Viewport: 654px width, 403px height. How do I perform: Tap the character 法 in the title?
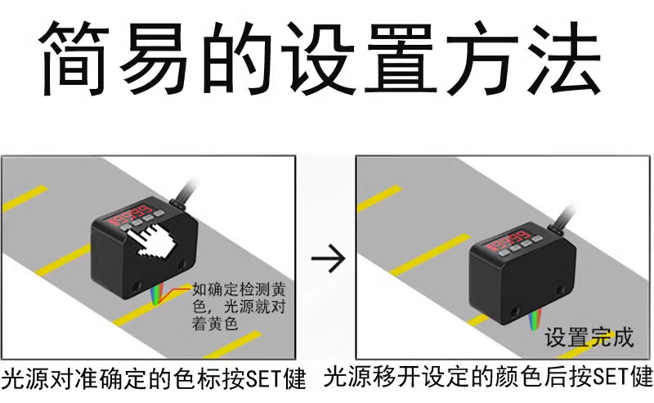pyautogui.click(x=564, y=57)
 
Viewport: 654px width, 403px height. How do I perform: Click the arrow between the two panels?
pyautogui.click(x=329, y=258)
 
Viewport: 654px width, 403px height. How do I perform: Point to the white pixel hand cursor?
pyautogui.click(x=153, y=240)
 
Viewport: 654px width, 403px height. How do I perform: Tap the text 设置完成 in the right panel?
pyautogui.click(x=589, y=338)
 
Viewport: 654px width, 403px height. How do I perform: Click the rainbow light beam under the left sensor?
pyautogui.click(x=155, y=294)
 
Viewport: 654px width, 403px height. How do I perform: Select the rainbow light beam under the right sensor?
pyautogui.click(x=534, y=319)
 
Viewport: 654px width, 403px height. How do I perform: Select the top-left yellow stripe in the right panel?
pyautogui.click(x=380, y=198)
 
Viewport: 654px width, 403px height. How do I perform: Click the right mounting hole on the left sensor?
pyautogui.click(x=182, y=265)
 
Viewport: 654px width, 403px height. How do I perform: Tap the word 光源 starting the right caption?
pyautogui.click(x=348, y=376)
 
